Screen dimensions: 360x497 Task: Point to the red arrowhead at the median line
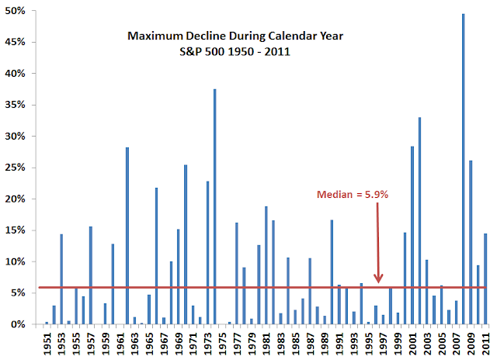[379, 279]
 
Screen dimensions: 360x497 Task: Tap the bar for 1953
[61, 279]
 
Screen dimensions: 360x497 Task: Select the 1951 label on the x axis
[47, 341]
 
